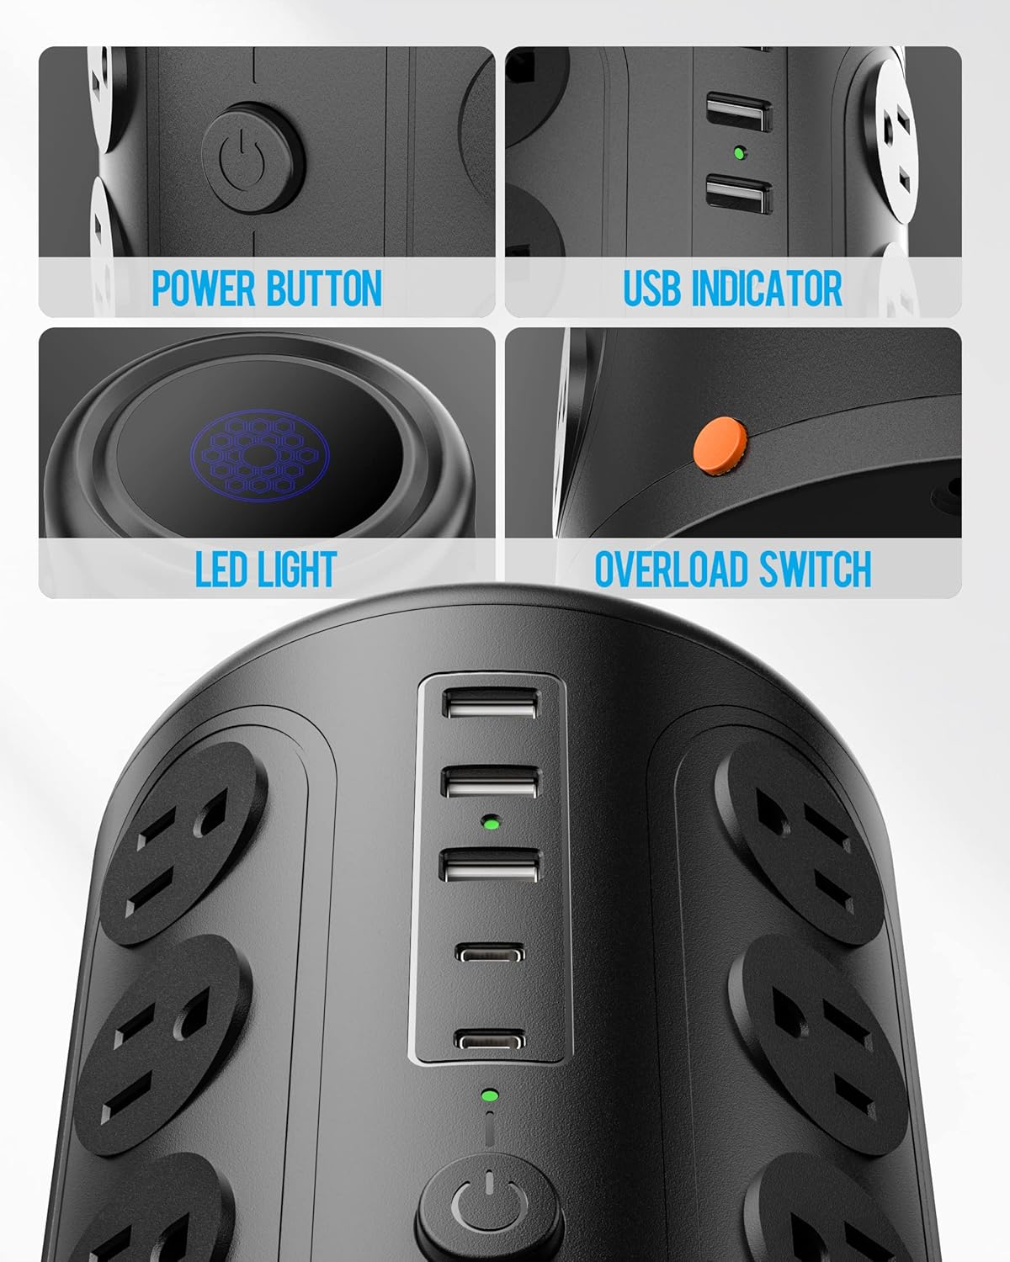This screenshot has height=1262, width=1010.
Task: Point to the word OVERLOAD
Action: point(671,570)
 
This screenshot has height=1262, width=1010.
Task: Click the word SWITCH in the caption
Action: point(815,570)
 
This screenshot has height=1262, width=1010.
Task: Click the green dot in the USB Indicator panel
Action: point(740,153)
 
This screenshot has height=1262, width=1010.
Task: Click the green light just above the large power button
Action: point(488,1095)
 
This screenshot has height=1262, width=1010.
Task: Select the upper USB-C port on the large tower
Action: point(491,954)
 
